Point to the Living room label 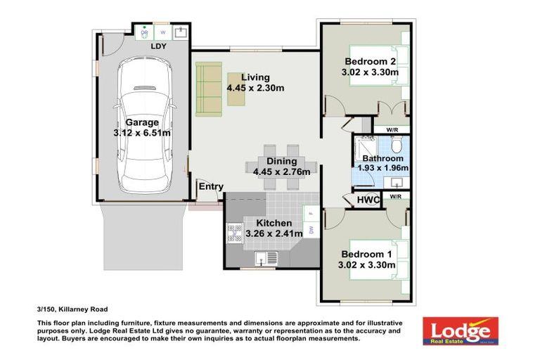click(x=255, y=77)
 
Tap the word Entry click(x=211, y=187)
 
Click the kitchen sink click(x=262, y=257)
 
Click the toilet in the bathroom click(x=397, y=146)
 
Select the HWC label click(x=368, y=200)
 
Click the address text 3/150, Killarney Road click(x=72, y=308)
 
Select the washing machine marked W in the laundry click(x=163, y=32)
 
